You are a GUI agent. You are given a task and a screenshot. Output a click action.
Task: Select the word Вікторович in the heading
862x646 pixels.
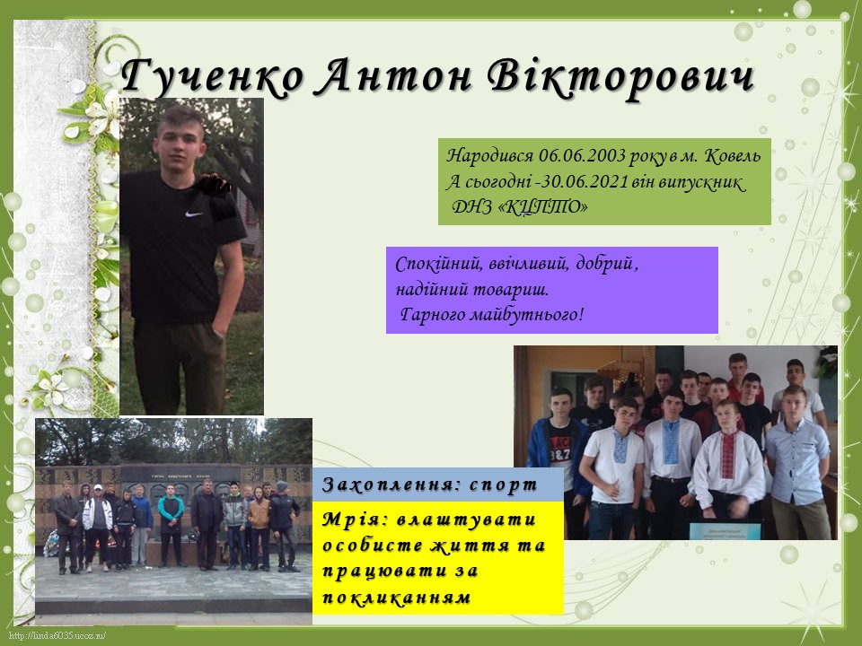coord(621,77)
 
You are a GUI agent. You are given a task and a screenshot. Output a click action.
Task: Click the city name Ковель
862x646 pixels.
coord(734,156)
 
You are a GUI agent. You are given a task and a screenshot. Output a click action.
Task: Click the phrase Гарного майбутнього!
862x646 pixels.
coord(491,315)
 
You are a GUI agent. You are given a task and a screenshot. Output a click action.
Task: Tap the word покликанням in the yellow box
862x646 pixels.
coord(396,597)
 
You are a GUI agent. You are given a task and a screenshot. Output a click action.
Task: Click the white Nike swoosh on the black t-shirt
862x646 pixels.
coord(194,214)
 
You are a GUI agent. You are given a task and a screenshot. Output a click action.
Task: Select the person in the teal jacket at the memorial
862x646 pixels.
coord(171,526)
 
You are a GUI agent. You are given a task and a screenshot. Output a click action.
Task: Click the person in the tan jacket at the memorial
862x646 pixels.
coord(259,528)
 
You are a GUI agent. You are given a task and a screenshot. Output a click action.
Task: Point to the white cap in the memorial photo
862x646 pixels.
coord(98,487)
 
